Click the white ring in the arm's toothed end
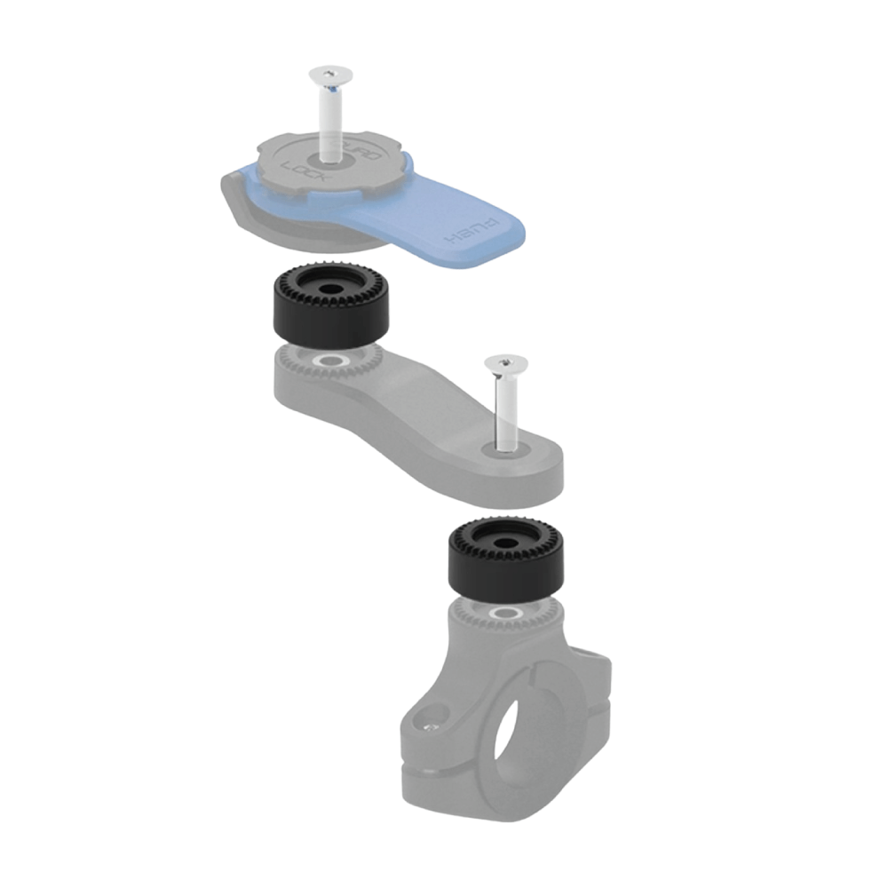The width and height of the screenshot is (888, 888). tap(332, 361)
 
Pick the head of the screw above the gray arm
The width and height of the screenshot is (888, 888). tap(505, 362)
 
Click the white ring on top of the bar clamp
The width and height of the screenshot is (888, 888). tap(504, 613)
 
